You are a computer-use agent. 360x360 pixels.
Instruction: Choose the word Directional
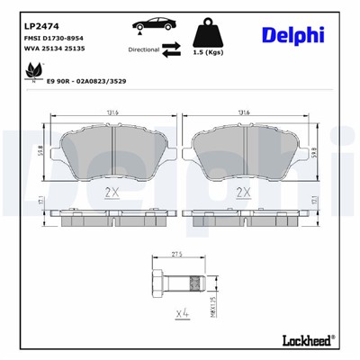click(x=144, y=50)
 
